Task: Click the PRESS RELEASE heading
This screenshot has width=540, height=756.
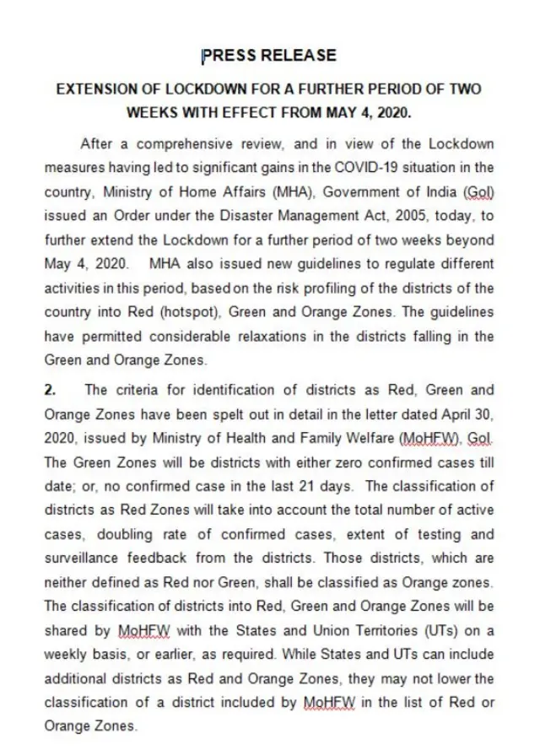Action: [269, 57]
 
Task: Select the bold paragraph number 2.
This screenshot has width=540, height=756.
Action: [50, 391]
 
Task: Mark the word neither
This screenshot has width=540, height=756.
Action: [65, 583]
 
